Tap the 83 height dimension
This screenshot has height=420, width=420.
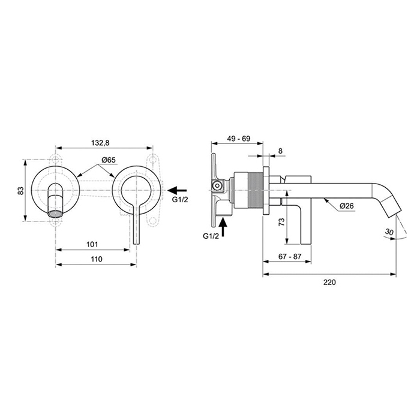click(x=20, y=191)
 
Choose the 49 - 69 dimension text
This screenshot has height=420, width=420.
click(x=238, y=139)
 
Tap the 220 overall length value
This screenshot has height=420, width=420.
click(x=329, y=281)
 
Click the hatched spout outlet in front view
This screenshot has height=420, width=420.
click(x=55, y=214)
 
